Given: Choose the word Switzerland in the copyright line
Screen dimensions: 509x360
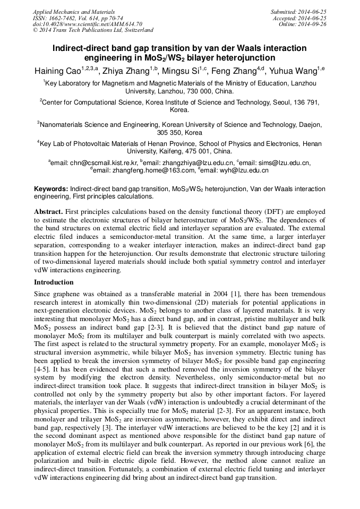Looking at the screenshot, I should [134, 30].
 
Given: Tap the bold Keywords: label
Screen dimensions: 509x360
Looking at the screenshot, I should [51, 189].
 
